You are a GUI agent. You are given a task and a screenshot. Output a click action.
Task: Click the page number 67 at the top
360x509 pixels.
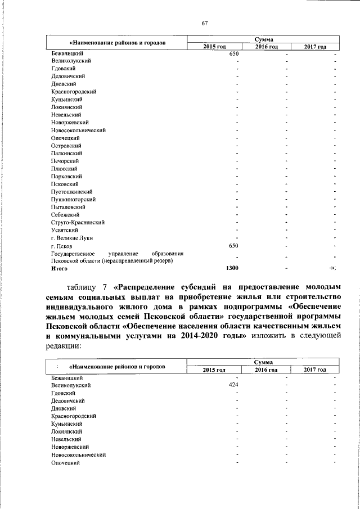pyautogui.click(x=205, y=23)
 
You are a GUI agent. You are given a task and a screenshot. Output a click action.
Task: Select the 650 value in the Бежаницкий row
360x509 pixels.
pyautogui.click(x=235, y=53)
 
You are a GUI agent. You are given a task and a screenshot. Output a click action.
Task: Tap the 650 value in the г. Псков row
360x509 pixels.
pyautogui.click(x=235, y=245)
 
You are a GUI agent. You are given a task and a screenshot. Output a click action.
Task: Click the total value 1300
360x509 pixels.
pyautogui.click(x=232, y=268)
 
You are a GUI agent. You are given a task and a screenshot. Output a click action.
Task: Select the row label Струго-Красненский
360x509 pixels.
pyautogui.click(x=78, y=222)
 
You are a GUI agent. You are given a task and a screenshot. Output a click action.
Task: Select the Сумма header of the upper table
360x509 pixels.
pyautogui.click(x=263, y=39)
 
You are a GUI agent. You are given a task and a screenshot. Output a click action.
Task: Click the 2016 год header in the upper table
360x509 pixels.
pyautogui.click(x=267, y=46)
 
